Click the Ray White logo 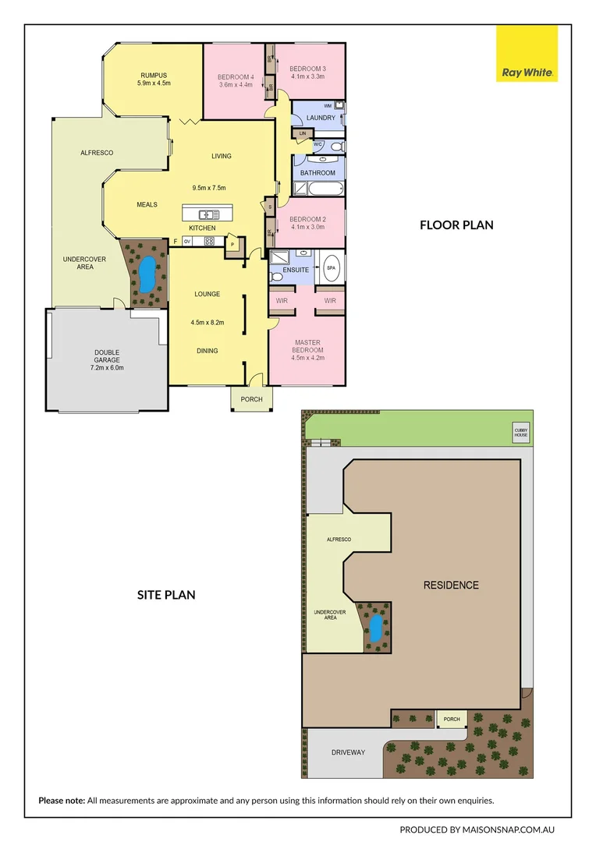coord(527,54)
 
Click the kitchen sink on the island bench coord(208,214)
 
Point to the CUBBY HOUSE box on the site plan coord(520,433)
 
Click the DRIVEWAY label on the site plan coord(347,752)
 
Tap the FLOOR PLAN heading coord(456,225)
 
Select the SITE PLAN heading coord(166,595)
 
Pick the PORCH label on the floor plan coord(251,400)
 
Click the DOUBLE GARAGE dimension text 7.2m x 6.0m coord(108,367)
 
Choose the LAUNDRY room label coord(321,118)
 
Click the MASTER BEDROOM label coord(307,346)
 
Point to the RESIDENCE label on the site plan coord(451,585)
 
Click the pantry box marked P coord(232,246)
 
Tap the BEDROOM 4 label coord(235,76)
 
